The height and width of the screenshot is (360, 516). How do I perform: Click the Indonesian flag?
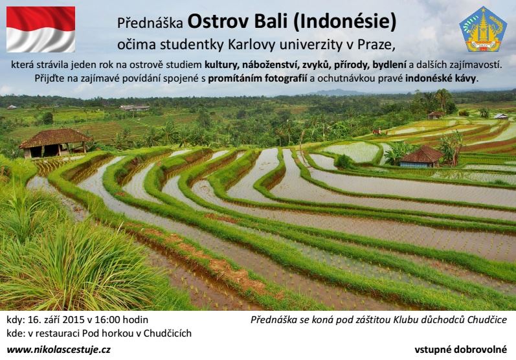pos(41,29)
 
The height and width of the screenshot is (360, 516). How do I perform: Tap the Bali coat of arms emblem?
pos(483,29)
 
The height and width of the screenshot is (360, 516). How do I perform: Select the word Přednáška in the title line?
pos(150,23)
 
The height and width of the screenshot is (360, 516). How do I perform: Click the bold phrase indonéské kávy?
pos(441,78)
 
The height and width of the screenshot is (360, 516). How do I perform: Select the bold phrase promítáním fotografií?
pos(258,78)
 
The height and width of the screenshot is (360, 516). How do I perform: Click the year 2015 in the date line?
pos(74,319)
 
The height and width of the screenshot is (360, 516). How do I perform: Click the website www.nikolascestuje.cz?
pos(58,350)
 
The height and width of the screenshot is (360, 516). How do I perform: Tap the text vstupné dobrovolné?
pos(461,350)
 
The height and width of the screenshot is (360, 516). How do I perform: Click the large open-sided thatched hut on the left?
pos(55,143)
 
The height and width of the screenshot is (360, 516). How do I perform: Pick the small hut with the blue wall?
pos(421,157)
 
